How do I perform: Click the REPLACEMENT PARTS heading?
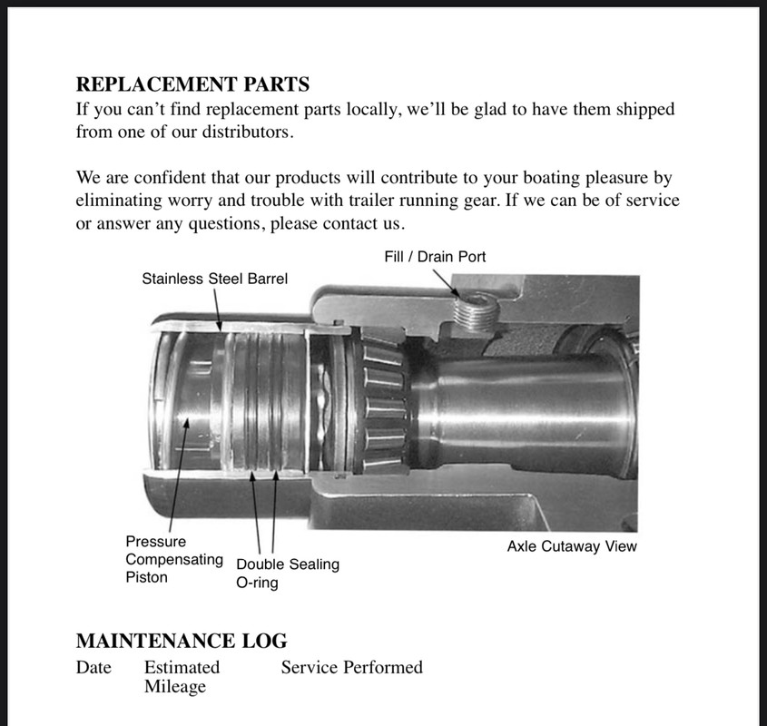point(192,85)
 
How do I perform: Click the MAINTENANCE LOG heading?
point(182,642)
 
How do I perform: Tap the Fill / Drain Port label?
point(435,257)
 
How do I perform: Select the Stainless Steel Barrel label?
point(214,279)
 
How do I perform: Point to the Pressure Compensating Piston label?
point(173,559)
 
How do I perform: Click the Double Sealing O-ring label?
point(287,573)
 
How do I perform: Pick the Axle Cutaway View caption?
point(572,546)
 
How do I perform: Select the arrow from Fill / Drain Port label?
point(447,280)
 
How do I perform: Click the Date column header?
point(93,668)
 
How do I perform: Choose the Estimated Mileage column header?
point(181,677)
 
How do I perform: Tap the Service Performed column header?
point(351,668)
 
